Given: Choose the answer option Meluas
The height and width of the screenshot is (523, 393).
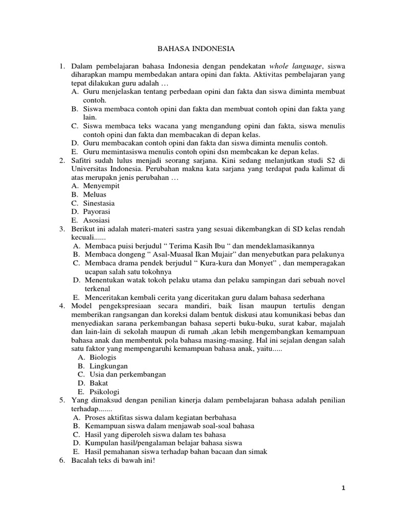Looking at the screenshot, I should (x=96, y=194).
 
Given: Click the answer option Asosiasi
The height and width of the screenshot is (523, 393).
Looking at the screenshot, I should (x=97, y=220).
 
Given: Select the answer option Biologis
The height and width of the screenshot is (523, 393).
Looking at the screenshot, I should (x=102, y=358).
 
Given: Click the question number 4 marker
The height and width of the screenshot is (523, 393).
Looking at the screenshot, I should (x=61, y=305).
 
